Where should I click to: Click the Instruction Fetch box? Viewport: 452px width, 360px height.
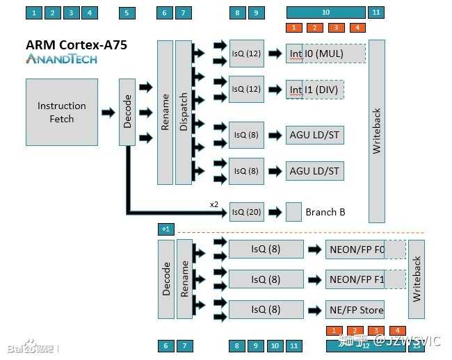[x=61, y=112]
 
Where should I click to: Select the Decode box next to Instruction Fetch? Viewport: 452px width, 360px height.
[x=127, y=112]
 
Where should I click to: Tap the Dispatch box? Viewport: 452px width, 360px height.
[x=184, y=112]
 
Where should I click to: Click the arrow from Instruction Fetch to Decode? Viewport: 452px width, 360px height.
[x=108, y=113]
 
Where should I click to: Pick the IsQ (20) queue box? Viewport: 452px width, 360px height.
[x=247, y=212]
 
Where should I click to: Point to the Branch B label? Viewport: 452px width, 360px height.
[x=325, y=212]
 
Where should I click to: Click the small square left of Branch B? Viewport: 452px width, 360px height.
[x=293, y=211]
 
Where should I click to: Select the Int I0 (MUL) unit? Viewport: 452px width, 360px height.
[x=325, y=53]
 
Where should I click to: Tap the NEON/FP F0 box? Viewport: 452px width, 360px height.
[x=355, y=249]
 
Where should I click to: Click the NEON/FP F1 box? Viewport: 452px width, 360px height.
[x=355, y=279]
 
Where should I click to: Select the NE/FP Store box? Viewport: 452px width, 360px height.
[x=355, y=310]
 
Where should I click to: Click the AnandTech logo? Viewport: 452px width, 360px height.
[x=61, y=59]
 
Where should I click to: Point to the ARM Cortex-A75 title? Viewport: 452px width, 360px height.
[x=76, y=45]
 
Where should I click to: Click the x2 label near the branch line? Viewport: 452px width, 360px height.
[x=215, y=204]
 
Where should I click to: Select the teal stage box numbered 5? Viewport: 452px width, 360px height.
[x=127, y=13]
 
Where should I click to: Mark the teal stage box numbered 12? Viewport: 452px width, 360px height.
[x=366, y=345]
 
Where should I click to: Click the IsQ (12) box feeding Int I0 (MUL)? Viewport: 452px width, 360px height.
[x=247, y=53]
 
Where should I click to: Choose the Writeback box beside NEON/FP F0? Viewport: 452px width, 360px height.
[x=417, y=279]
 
